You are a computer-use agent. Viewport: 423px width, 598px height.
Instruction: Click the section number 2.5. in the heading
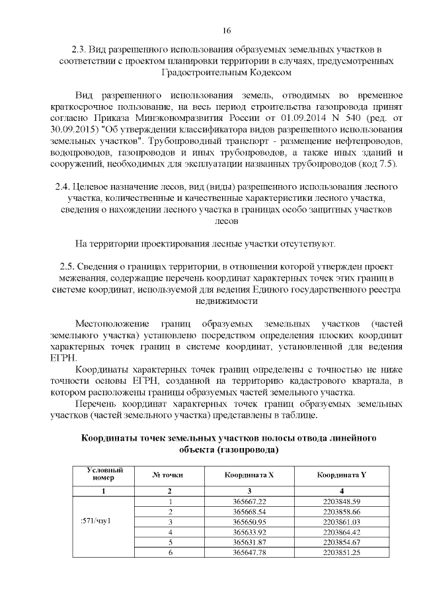[x=69, y=266]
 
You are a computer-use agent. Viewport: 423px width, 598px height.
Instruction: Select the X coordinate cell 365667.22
[x=249, y=502]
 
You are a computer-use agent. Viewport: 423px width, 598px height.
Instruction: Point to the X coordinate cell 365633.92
[x=249, y=532]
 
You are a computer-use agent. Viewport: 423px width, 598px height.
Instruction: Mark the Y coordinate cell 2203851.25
[x=342, y=552]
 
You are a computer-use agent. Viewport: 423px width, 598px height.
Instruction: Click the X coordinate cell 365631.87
[x=249, y=542]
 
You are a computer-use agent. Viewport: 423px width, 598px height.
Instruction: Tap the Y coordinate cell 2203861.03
[x=342, y=522]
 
